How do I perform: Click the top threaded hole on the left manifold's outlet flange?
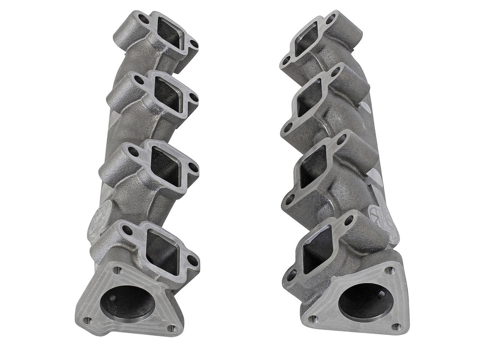pyautogui.click(x=117, y=270)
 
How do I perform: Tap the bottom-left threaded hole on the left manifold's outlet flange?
pyautogui.click(x=88, y=320)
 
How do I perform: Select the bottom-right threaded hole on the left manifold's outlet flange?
pyautogui.click(x=171, y=328)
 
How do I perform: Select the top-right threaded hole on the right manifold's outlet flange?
pyautogui.click(x=389, y=270)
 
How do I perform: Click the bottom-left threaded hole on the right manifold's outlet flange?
pyautogui.click(x=313, y=318)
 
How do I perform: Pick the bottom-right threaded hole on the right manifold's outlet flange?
pyautogui.click(x=396, y=326)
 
